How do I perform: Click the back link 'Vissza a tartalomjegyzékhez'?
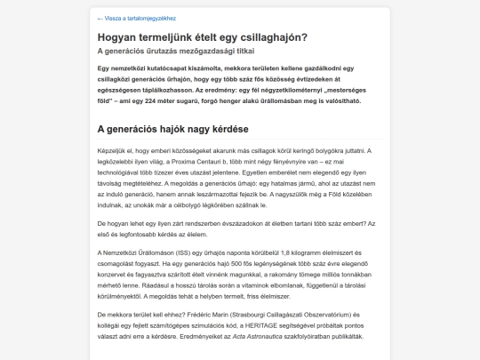pos(139,18)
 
